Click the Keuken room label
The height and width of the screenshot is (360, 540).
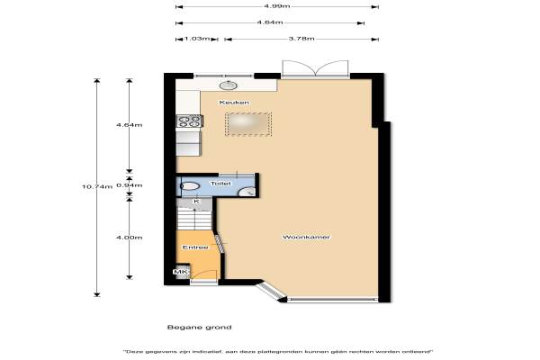pos(234,103)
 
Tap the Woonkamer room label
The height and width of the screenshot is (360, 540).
pos(306,237)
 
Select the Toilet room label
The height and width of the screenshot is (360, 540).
pos(220,184)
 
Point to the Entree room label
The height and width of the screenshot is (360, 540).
pos(195,247)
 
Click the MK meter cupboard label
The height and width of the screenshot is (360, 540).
pos(181,272)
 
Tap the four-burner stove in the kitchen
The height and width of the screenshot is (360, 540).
pos(189,121)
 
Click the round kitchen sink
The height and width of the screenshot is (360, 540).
pos(229,85)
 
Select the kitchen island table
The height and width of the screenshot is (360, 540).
pos(248,124)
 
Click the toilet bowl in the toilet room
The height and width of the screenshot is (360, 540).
pos(190,186)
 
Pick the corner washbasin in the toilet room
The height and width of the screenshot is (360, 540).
pos(248,192)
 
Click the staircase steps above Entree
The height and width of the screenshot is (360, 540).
pos(194,219)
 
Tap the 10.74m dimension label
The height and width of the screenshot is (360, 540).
pos(97,186)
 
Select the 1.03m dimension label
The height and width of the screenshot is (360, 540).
pos(196,39)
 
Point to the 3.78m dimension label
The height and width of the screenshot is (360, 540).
pos(301,39)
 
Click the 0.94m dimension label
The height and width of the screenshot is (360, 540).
pos(129,185)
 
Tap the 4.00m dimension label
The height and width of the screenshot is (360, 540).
pos(129,238)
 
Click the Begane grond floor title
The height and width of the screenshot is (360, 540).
pos(200,327)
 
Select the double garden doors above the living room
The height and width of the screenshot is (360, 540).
pos(316,68)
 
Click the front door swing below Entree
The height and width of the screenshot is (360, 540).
pos(204,276)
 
